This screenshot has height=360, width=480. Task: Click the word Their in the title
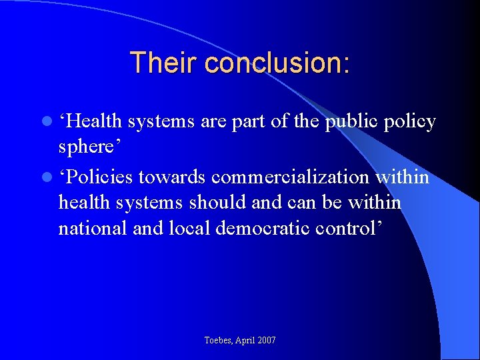pyautogui.click(x=164, y=63)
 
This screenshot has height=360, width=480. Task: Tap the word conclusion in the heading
pyautogui.click(x=277, y=63)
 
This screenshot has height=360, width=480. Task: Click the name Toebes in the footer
pyautogui.click(x=219, y=341)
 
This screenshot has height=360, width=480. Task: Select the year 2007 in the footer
pyautogui.click(x=265, y=341)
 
